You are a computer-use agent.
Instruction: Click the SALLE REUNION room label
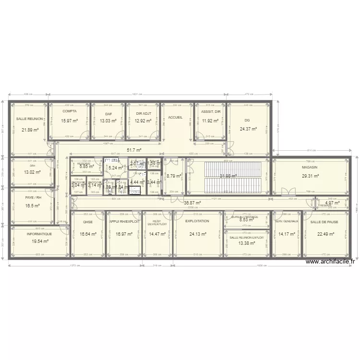pyautogui.click(x=29, y=119)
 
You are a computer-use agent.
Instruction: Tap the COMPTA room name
pyautogui.click(x=70, y=111)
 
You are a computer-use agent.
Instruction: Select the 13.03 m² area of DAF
pyautogui.click(x=108, y=121)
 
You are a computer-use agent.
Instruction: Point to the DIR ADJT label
pyautogui.click(x=143, y=114)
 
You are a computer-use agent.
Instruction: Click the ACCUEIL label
pyautogui.click(x=176, y=117)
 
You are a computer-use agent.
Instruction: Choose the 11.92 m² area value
pyautogui.click(x=210, y=121)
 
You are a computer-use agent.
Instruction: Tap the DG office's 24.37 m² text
pyautogui.click(x=249, y=129)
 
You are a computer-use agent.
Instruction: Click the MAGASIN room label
pyautogui.click(x=310, y=167)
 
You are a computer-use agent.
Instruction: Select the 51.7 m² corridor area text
pyautogui.click(x=134, y=150)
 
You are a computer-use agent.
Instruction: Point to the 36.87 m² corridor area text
pyautogui.click(x=192, y=203)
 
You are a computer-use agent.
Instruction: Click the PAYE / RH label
pyautogui.click(x=33, y=197)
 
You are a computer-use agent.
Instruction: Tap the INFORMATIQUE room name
pyautogui.click(x=39, y=234)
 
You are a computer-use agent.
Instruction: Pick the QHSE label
pyautogui.click(x=88, y=222)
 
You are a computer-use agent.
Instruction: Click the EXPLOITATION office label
pyautogui.click(x=197, y=221)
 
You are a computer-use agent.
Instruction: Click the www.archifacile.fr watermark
pyautogui.click(x=330, y=262)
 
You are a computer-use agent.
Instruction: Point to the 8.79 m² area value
pyautogui.click(x=174, y=176)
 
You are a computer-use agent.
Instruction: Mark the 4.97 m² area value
pyautogui.click(x=332, y=203)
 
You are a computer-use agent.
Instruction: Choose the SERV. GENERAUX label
pyautogui.click(x=287, y=221)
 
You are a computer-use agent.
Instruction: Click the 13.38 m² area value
pyautogui.click(x=246, y=243)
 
